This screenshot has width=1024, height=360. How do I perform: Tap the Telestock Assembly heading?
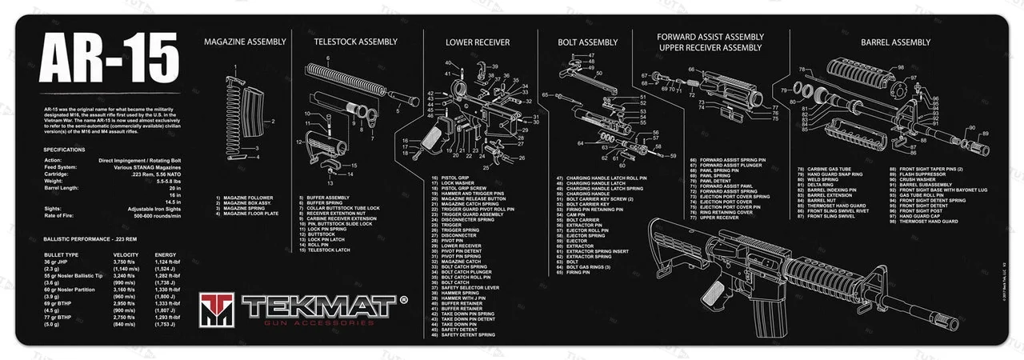[x=355, y=41]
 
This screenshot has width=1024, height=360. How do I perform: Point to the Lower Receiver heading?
[x=478, y=42]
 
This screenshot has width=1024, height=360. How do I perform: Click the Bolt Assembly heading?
[x=588, y=42]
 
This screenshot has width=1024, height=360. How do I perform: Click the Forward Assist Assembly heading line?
[x=710, y=36]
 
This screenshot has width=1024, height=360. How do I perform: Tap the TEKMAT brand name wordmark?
[x=320, y=306]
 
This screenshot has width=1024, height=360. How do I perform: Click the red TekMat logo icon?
[x=218, y=310]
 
